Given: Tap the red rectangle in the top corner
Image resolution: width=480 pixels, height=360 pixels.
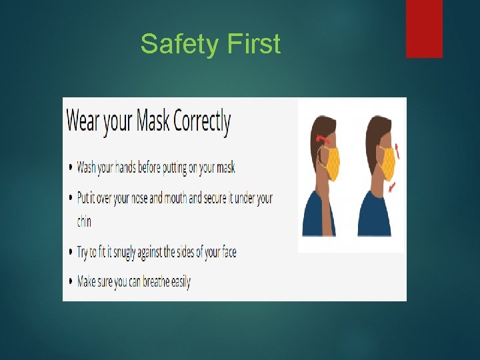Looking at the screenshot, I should click(x=424, y=28).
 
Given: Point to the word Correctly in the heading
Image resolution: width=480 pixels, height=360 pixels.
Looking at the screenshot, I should click(x=202, y=123).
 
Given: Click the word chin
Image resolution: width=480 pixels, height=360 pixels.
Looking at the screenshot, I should click(x=84, y=221).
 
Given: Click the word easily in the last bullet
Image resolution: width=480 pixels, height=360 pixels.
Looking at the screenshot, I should click(x=181, y=282).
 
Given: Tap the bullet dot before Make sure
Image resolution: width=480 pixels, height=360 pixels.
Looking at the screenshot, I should click(x=71, y=282).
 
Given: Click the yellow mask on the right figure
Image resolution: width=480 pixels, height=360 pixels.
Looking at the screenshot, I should click(x=387, y=164).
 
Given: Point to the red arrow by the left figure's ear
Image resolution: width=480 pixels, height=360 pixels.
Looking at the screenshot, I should click(x=323, y=139).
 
